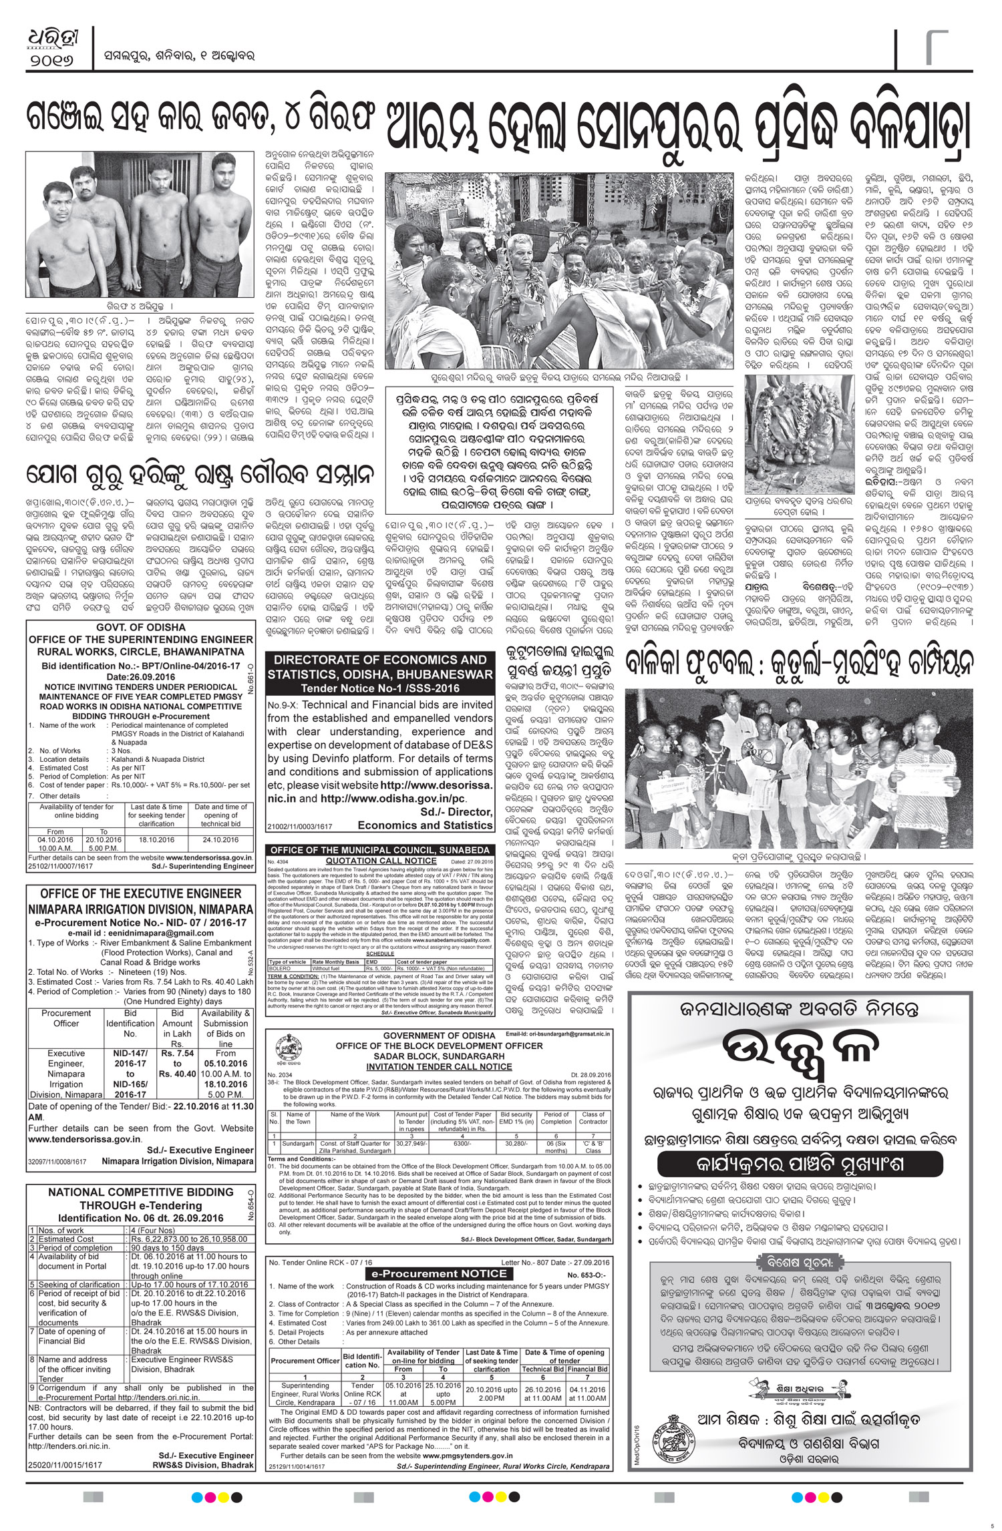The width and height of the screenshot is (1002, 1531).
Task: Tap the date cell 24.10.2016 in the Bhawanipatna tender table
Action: pyautogui.click(x=220, y=840)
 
